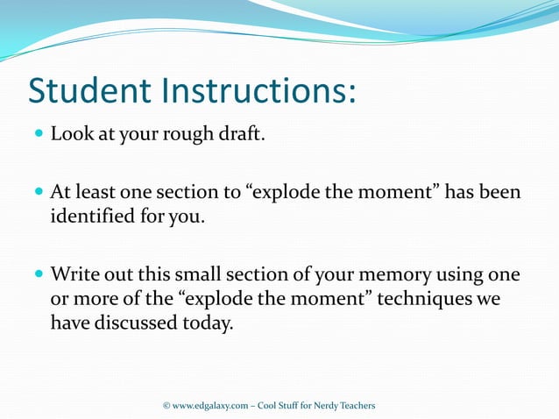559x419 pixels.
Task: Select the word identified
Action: (92, 216)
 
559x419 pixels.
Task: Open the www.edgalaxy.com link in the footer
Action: (212, 405)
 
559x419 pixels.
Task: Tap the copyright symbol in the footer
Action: (166, 405)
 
